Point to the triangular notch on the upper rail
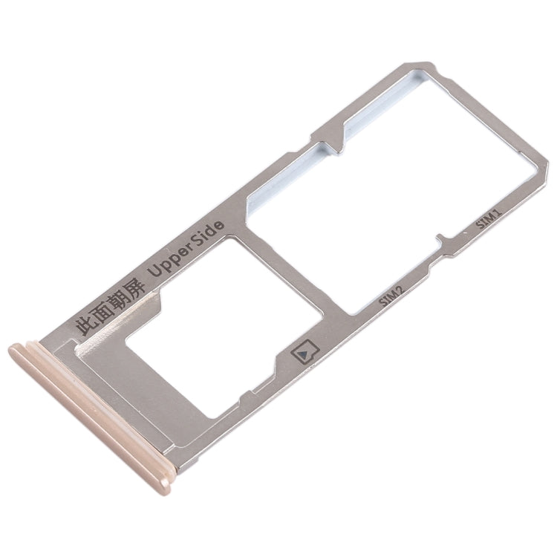pyautogui.click(x=327, y=137)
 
